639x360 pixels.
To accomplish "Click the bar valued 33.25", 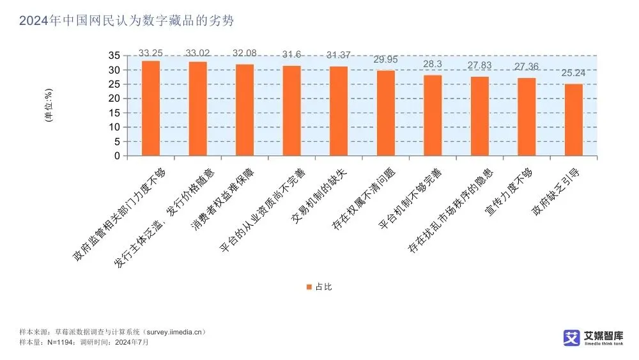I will (151, 108).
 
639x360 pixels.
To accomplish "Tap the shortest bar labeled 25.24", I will (574, 120).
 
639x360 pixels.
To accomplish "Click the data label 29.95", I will (385, 60).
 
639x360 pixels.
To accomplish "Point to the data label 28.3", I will (433, 65).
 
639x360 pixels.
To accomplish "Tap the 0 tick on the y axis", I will (117, 156).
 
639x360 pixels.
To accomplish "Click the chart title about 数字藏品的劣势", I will (127, 21).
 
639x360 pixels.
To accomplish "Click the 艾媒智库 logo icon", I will (571, 338).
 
